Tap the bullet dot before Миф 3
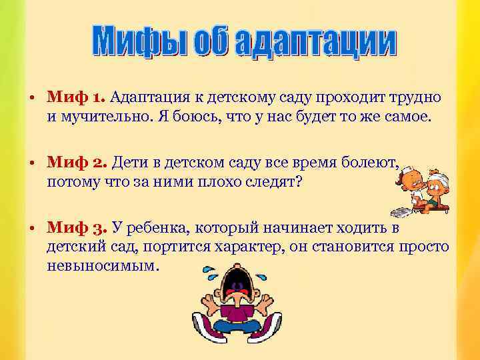(x=32, y=229)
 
